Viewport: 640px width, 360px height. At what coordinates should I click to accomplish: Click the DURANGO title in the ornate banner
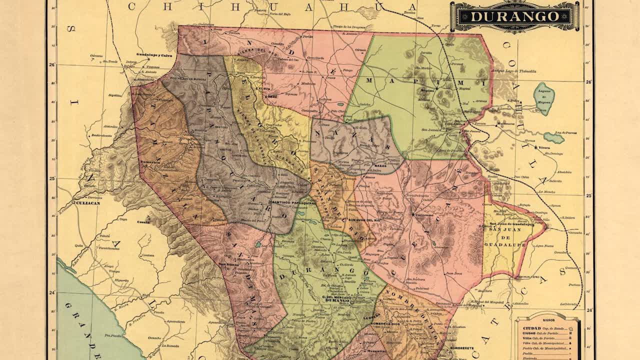[514, 16]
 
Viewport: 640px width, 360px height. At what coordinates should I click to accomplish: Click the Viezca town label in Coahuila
[544, 148]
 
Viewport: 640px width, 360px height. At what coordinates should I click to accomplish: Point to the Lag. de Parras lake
[554, 137]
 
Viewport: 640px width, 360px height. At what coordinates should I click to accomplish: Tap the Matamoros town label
[506, 123]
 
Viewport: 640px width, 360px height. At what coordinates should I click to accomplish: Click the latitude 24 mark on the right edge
[589, 310]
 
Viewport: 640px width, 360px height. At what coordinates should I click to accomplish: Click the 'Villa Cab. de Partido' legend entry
[545, 338]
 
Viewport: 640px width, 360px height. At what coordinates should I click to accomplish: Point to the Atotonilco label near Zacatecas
[520, 303]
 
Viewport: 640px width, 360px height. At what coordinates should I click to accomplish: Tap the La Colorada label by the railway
[569, 303]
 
